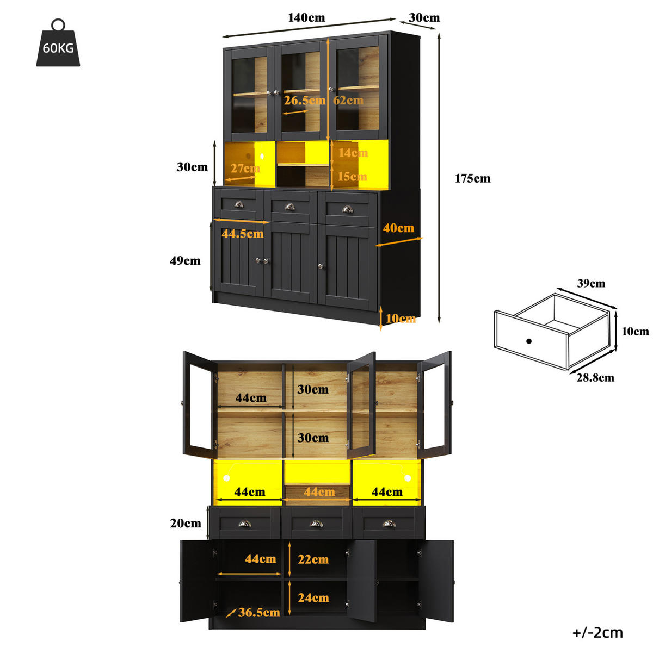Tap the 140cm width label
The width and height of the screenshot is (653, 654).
coord(306,17)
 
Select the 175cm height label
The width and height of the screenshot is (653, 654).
coord(472,178)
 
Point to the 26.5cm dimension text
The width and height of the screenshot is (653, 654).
coord(304,101)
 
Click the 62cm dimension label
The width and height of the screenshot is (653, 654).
coord(348,101)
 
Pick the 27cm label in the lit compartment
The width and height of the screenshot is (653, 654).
coord(245,169)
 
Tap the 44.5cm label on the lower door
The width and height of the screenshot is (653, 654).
coord(243,234)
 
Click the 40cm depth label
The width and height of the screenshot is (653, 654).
coord(398,228)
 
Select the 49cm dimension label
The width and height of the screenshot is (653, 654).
coord(185,260)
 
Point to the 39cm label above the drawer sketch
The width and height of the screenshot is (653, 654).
coord(591,283)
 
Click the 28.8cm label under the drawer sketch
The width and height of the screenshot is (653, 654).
coord(595,378)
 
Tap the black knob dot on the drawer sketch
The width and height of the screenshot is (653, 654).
coord(528,341)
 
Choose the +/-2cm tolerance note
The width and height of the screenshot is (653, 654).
coord(597,633)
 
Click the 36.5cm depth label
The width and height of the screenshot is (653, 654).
coord(259,612)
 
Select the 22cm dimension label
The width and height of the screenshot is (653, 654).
coord(313,559)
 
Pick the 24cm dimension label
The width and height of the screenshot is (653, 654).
coord(313,597)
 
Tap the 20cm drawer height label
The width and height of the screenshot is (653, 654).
coord(186,523)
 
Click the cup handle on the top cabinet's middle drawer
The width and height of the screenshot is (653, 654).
coord(290,207)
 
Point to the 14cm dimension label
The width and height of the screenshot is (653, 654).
coord(353,153)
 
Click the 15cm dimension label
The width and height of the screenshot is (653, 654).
coord(352,177)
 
